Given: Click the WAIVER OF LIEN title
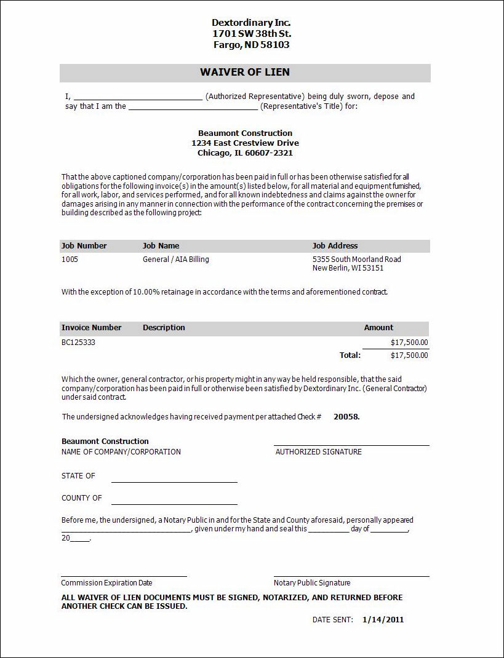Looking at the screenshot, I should click(x=244, y=73).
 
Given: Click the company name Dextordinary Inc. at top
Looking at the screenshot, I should click(x=251, y=23).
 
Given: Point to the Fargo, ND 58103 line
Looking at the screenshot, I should click(x=251, y=45).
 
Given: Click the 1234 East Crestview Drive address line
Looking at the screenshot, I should click(x=245, y=143).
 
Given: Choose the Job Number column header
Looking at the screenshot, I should click(x=84, y=246).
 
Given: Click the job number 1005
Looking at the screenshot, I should click(x=70, y=260).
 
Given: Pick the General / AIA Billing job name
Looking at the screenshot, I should click(x=176, y=260).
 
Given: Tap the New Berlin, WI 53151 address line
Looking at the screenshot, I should click(x=348, y=268).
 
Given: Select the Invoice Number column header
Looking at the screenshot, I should click(x=92, y=328).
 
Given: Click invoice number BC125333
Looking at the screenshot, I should click(x=78, y=342).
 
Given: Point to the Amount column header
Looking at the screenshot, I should click(x=378, y=328).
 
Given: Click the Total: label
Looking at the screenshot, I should click(x=350, y=355).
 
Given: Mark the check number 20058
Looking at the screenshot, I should click(x=346, y=417).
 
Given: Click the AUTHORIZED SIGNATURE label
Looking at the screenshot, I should click(x=318, y=452).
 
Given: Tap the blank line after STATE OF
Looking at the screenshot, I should click(x=174, y=482).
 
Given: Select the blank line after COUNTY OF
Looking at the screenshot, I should click(x=174, y=503).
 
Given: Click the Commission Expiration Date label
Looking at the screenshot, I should click(x=106, y=583).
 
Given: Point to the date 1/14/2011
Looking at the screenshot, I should click(x=383, y=620).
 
